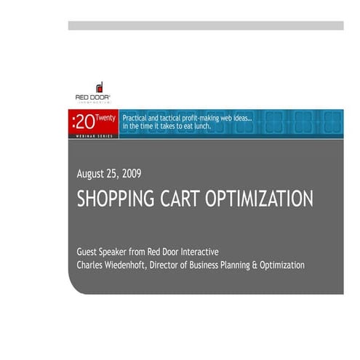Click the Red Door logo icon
100,87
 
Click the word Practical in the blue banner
137,119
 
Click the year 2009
131,173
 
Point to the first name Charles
92,265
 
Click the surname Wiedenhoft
135,265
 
